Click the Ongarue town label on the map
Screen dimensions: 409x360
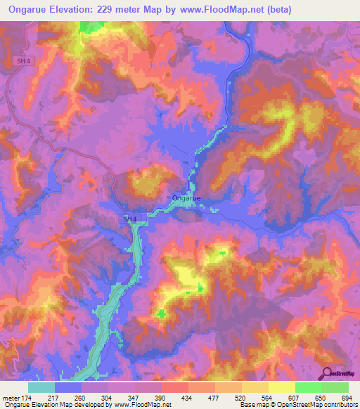pos(186,198)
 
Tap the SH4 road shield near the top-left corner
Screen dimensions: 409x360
pos(24,61)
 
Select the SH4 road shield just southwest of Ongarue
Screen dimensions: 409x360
pos(128,219)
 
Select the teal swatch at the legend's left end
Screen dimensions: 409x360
pos(41,387)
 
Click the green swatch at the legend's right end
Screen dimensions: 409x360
pos(335,387)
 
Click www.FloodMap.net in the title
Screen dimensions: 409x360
pos(217,10)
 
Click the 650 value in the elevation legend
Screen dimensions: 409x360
pos(319,397)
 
